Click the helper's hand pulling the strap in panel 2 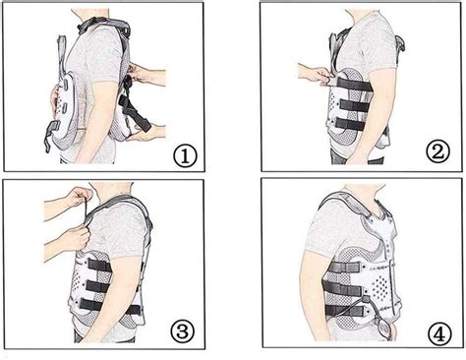coord(313,74)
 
